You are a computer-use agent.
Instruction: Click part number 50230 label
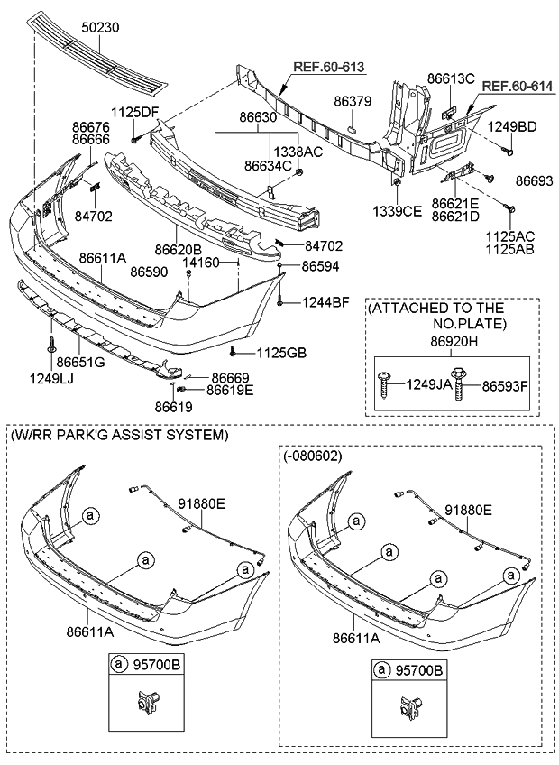[100, 28]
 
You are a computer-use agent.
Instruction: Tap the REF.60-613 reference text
[329, 67]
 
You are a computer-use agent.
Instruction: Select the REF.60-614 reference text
[518, 87]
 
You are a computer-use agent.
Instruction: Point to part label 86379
[353, 101]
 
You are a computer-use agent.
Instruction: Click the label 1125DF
[135, 112]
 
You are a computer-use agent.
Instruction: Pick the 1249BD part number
[513, 127]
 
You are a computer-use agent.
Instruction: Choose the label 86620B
[179, 250]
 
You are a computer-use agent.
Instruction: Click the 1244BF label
[325, 302]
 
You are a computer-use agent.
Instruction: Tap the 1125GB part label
[282, 352]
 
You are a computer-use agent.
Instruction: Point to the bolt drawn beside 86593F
[459, 384]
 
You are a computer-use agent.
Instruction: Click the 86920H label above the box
[454, 343]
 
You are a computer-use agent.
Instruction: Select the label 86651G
[80, 362]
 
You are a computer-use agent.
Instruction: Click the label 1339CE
[397, 211]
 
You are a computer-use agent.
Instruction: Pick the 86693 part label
[535, 181]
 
